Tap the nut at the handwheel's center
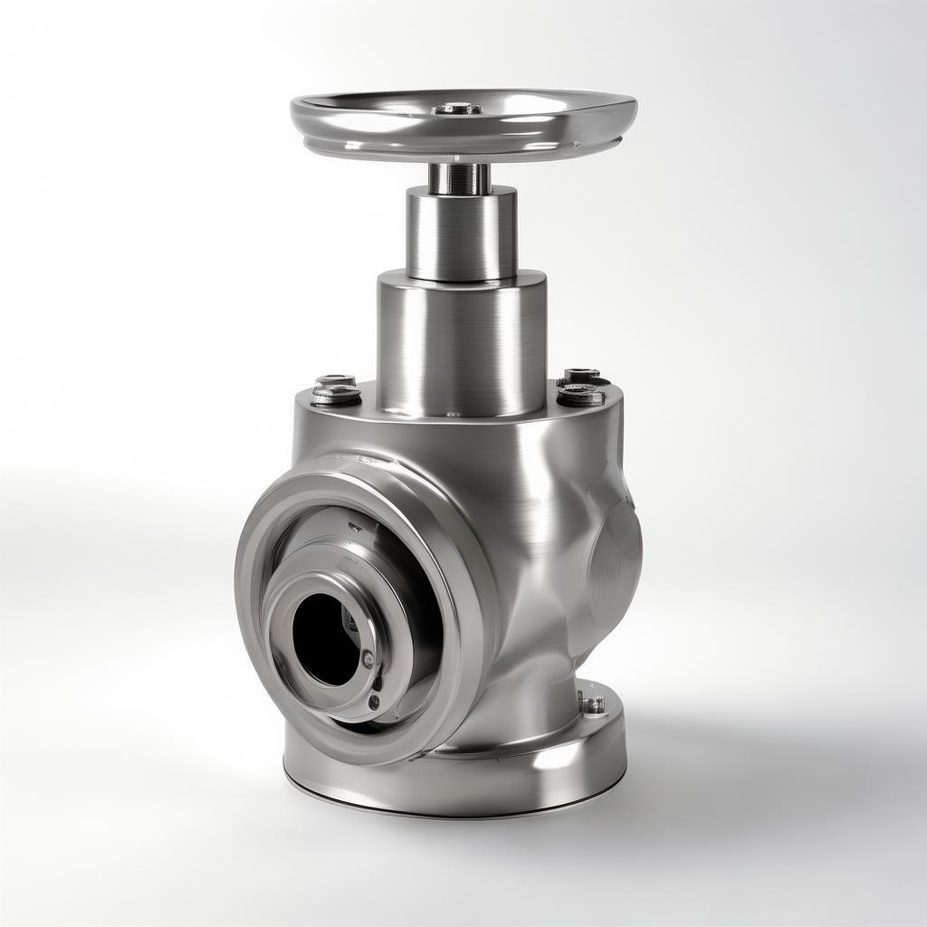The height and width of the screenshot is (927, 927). (458, 110)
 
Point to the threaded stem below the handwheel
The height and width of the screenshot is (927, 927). (459, 177)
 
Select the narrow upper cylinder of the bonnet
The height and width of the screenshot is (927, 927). (461, 234)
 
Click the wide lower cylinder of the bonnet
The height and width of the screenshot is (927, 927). (461, 344)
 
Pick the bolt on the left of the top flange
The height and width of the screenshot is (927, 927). (336, 391)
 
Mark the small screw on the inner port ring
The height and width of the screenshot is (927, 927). (368, 659)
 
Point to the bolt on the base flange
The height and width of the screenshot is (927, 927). (594, 703)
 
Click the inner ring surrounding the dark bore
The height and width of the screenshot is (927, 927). (299, 597)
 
